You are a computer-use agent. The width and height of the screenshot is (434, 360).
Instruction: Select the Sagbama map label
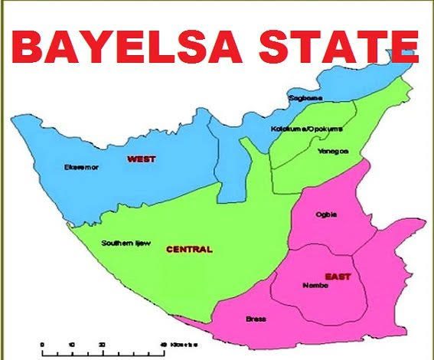pyautogui.click(x=305, y=98)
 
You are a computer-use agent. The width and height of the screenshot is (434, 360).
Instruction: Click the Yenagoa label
pyautogui.click(x=333, y=151)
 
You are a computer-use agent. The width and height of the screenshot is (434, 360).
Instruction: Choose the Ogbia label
pyautogui.click(x=326, y=214)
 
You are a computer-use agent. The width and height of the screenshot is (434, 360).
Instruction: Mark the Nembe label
pyautogui.click(x=316, y=285)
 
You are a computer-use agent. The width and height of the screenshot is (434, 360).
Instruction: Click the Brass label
pyautogui.click(x=255, y=318)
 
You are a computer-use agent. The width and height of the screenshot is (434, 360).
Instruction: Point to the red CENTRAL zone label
pyautogui.click(x=189, y=249)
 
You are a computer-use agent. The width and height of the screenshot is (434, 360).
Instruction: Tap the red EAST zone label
pyautogui.click(x=335, y=275)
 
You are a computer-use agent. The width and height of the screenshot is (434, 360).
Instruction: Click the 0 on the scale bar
pyautogui.click(x=43, y=344)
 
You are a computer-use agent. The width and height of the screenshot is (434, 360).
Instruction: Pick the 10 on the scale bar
pyautogui.click(x=71, y=344)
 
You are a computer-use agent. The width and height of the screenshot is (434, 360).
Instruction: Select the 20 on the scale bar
pyautogui.click(x=102, y=344)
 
